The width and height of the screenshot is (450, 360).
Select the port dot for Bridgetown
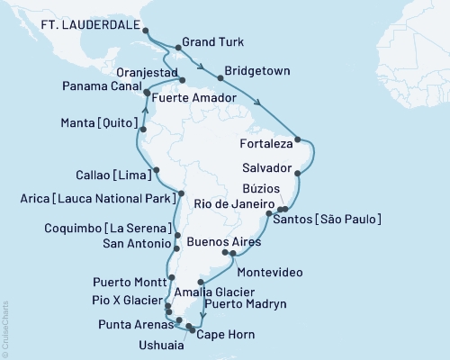[x=220, y=79]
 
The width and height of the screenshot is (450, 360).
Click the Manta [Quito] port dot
[x=143, y=129]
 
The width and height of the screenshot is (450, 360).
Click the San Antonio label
[x=135, y=244]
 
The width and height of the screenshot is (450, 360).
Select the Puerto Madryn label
[x=245, y=305]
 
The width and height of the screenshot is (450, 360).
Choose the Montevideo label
[x=266, y=271]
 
